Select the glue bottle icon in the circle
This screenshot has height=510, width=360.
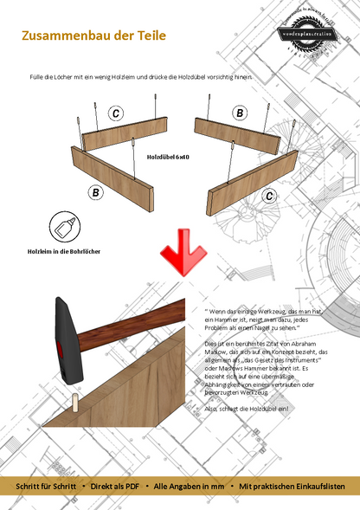[65, 226]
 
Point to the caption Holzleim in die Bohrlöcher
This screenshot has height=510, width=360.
[66, 252]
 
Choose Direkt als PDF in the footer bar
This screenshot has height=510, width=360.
[115, 487]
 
